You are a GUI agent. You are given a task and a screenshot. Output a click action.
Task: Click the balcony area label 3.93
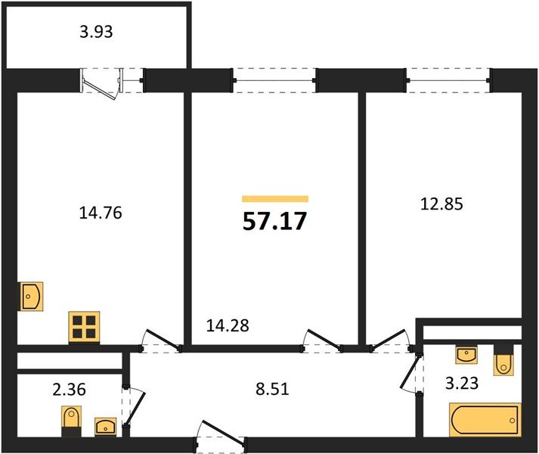pyautogui.click(x=96, y=32)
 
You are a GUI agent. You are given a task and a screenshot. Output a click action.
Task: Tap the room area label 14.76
pyautogui.click(x=101, y=213)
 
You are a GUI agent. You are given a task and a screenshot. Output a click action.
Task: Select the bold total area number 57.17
pyautogui.click(x=274, y=221)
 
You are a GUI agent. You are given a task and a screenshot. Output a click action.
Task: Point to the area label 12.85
pyautogui.click(x=441, y=204)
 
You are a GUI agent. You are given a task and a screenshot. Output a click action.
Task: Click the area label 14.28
pyautogui.click(x=228, y=325)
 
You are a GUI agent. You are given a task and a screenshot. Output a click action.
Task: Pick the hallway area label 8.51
pyautogui.click(x=272, y=389)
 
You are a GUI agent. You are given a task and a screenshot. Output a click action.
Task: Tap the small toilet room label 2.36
pyautogui.click(x=69, y=390)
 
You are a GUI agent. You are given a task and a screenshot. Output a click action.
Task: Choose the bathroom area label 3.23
pyautogui.click(x=462, y=383)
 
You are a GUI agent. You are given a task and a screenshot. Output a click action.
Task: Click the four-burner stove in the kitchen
pyautogui.click(x=84, y=327)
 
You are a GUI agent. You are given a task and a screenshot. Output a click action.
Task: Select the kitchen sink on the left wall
pyautogui.click(x=32, y=297)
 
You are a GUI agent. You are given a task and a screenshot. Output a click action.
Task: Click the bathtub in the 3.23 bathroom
pyautogui.click(x=485, y=420)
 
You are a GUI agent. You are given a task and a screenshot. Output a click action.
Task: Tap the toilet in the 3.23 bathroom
pyautogui.click(x=503, y=359)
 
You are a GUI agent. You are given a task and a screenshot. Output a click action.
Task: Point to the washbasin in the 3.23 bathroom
pyautogui.click(x=466, y=355)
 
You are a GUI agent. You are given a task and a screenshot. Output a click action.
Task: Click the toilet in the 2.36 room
pyautogui.click(x=72, y=421)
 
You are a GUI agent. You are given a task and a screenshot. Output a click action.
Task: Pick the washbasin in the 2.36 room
pyautogui.click(x=106, y=427)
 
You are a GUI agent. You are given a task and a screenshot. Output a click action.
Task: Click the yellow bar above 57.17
pyautogui.click(x=275, y=199)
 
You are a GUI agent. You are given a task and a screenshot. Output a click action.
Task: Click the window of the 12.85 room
pyautogui.click(x=448, y=81)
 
